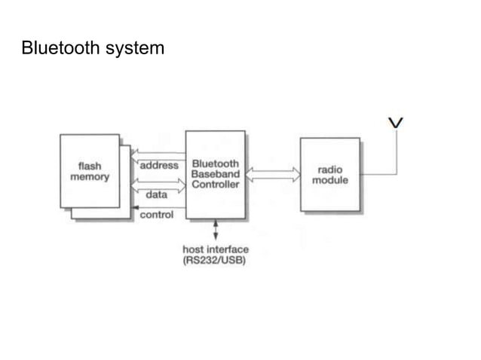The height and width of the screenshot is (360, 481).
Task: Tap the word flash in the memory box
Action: [90, 166]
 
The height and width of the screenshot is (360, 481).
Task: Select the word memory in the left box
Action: [90, 177]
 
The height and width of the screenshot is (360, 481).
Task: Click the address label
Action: [159, 165]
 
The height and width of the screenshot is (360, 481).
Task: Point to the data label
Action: [156, 194]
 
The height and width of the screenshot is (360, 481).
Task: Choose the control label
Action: [157, 215]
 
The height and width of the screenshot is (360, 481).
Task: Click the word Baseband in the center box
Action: [216, 174]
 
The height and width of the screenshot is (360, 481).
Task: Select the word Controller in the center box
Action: [216, 185]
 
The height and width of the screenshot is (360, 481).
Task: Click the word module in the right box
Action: [330, 181]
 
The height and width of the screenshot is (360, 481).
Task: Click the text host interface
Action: [216, 249]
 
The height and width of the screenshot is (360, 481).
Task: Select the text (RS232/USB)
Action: [216, 261]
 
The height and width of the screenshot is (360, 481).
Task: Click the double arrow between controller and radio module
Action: [272, 174]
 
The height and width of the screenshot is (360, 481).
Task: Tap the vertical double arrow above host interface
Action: [216, 230]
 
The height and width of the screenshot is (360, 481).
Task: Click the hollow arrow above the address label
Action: [158, 154]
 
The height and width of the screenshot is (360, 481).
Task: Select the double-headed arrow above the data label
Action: [158, 183]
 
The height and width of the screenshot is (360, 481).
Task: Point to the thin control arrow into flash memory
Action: [158, 206]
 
